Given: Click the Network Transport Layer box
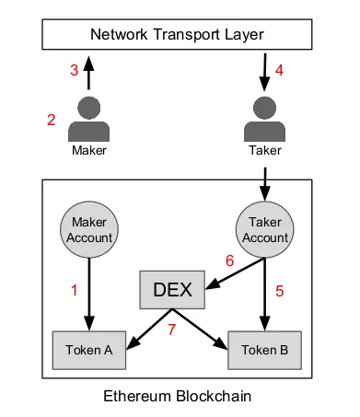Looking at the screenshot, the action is point(177,34).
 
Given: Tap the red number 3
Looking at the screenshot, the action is point(75,70).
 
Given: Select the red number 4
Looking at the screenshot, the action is point(279,70).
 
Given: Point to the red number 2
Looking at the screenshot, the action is point(52,120).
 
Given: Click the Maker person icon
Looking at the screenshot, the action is point(89,119).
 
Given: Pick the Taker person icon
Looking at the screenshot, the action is point(264,119).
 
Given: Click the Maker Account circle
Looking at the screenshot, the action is point(89,229).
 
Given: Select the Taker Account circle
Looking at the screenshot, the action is point(264,229).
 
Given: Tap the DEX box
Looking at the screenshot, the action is point(172,290).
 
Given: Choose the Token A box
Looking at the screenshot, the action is point(89,350).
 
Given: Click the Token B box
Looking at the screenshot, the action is point(264,350).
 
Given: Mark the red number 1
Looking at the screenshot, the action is point(74,290).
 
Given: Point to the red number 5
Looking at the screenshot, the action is point(279,291).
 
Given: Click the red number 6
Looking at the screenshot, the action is point(230,261).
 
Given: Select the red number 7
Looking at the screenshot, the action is point(171,330).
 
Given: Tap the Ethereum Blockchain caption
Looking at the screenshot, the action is point(178,396).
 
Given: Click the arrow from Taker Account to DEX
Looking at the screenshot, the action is point(235,273).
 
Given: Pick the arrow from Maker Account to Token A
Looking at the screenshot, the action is point(89,295).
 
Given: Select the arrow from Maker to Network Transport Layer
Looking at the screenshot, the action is point(88,73).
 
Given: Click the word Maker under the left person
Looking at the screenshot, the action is point(89,150).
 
